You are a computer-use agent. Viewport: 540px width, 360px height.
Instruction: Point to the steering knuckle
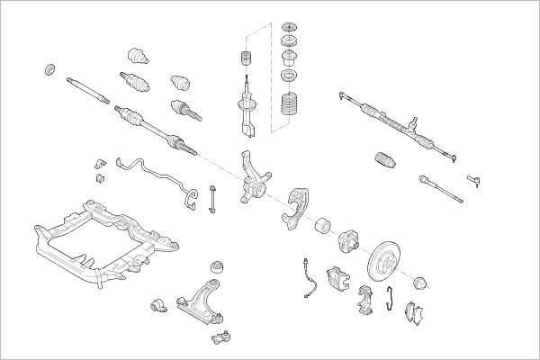[x=255, y=180]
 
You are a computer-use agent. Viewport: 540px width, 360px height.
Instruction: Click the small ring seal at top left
[x=50, y=68]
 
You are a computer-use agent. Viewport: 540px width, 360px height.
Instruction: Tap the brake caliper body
[x=338, y=279]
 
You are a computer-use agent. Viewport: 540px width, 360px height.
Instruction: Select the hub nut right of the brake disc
[x=418, y=283]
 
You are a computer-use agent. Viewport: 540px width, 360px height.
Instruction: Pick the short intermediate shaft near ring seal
[x=87, y=89]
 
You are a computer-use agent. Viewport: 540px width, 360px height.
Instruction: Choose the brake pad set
[x=417, y=311]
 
